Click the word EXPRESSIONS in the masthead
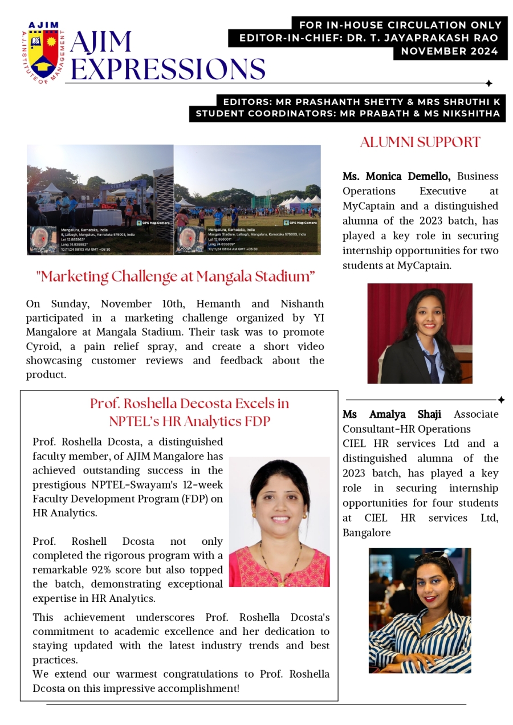(168, 69)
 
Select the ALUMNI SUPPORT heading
(420, 142)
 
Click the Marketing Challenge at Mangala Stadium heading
(176, 277)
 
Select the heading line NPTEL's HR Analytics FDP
(189, 422)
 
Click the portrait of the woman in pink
(279, 522)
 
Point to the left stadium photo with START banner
(100, 199)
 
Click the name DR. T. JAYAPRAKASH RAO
(442, 38)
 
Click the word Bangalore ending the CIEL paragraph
(367, 533)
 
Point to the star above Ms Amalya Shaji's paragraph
(501, 400)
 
